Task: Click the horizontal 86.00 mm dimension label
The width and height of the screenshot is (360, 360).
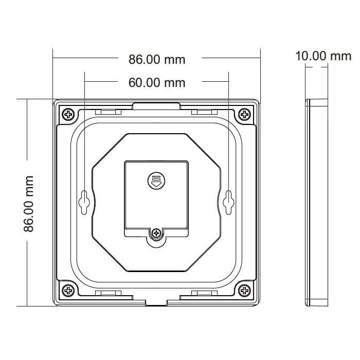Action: click(x=157, y=60)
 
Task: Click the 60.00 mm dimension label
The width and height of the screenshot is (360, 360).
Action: click(x=157, y=83)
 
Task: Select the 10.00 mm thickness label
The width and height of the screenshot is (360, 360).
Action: click(x=323, y=56)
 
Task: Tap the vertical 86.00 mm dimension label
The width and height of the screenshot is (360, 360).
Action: click(x=29, y=204)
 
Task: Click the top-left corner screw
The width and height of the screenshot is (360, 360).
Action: click(x=68, y=114)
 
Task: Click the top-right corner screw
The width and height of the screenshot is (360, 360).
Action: click(x=244, y=114)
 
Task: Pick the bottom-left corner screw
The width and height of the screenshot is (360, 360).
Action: click(x=68, y=291)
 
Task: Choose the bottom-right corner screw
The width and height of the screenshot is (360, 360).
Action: click(x=244, y=291)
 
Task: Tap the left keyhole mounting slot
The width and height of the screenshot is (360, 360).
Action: click(x=84, y=202)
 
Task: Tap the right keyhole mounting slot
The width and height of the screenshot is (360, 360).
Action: click(x=228, y=202)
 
